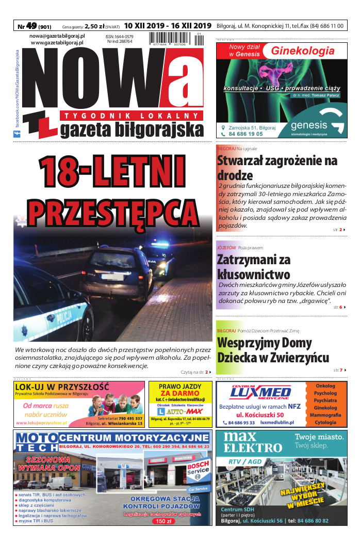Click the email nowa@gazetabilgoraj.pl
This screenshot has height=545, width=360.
pos(57,36)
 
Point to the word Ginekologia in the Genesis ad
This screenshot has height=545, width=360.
pos(303,51)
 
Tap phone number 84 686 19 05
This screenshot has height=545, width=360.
pos(246,134)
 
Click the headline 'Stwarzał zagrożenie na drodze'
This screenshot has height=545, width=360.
pos(277,168)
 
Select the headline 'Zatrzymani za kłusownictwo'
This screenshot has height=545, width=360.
pos(254,267)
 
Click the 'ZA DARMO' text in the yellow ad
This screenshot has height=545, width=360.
pos(180,393)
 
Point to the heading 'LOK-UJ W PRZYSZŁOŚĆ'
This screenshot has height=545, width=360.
pos(62,387)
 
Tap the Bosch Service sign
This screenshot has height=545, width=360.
pos(198,469)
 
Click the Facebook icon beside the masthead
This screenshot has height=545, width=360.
pos(17,134)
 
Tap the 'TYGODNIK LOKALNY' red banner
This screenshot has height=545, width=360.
pos(132,115)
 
